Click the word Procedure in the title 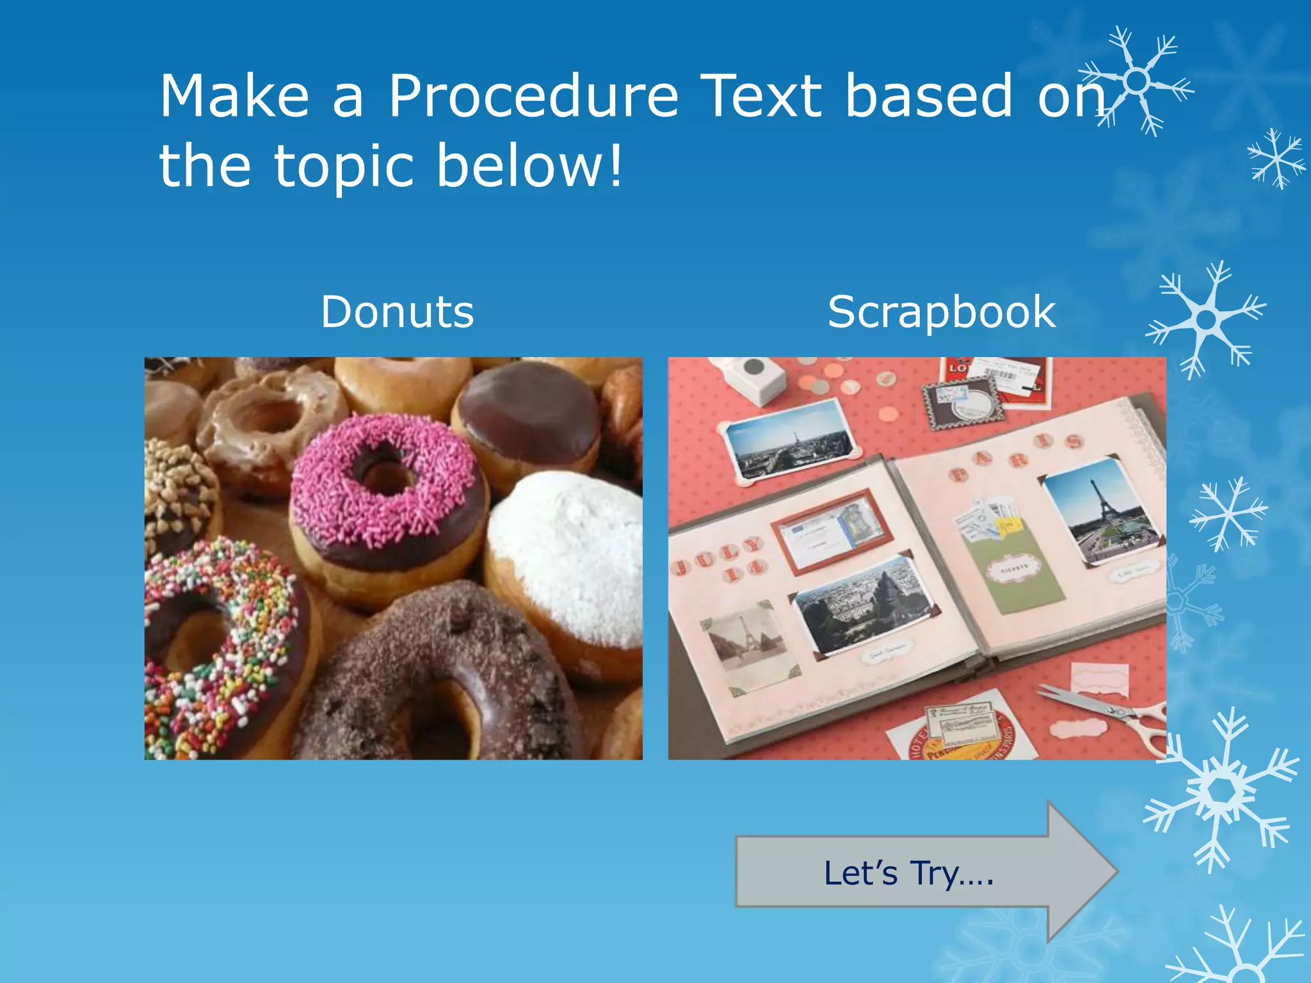(x=533, y=97)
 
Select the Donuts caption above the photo (x=397, y=312)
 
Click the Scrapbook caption (x=941, y=312)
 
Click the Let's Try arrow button (x=909, y=873)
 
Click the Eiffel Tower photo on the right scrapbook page (x=1101, y=512)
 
